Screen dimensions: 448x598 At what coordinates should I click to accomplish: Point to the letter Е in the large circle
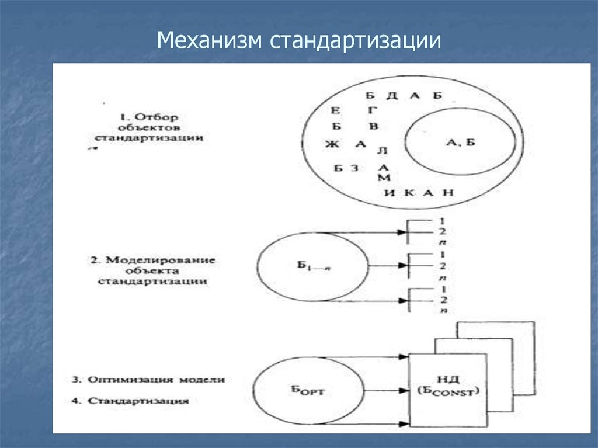coord(335,110)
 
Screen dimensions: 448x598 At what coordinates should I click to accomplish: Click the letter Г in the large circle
coord(374,110)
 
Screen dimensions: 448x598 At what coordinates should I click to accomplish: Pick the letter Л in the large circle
coord(383,151)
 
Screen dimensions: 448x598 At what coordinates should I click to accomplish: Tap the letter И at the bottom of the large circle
coord(390,193)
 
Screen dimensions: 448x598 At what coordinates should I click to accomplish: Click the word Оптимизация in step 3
coord(135,380)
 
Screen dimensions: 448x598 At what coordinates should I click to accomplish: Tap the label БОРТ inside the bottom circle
coord(307,391)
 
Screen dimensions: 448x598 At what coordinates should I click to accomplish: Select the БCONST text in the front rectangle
coord(448,391)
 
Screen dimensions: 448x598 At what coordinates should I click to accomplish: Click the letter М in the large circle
coord(384,178)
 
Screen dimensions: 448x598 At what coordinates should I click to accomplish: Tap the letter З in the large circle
coord(354,169)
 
